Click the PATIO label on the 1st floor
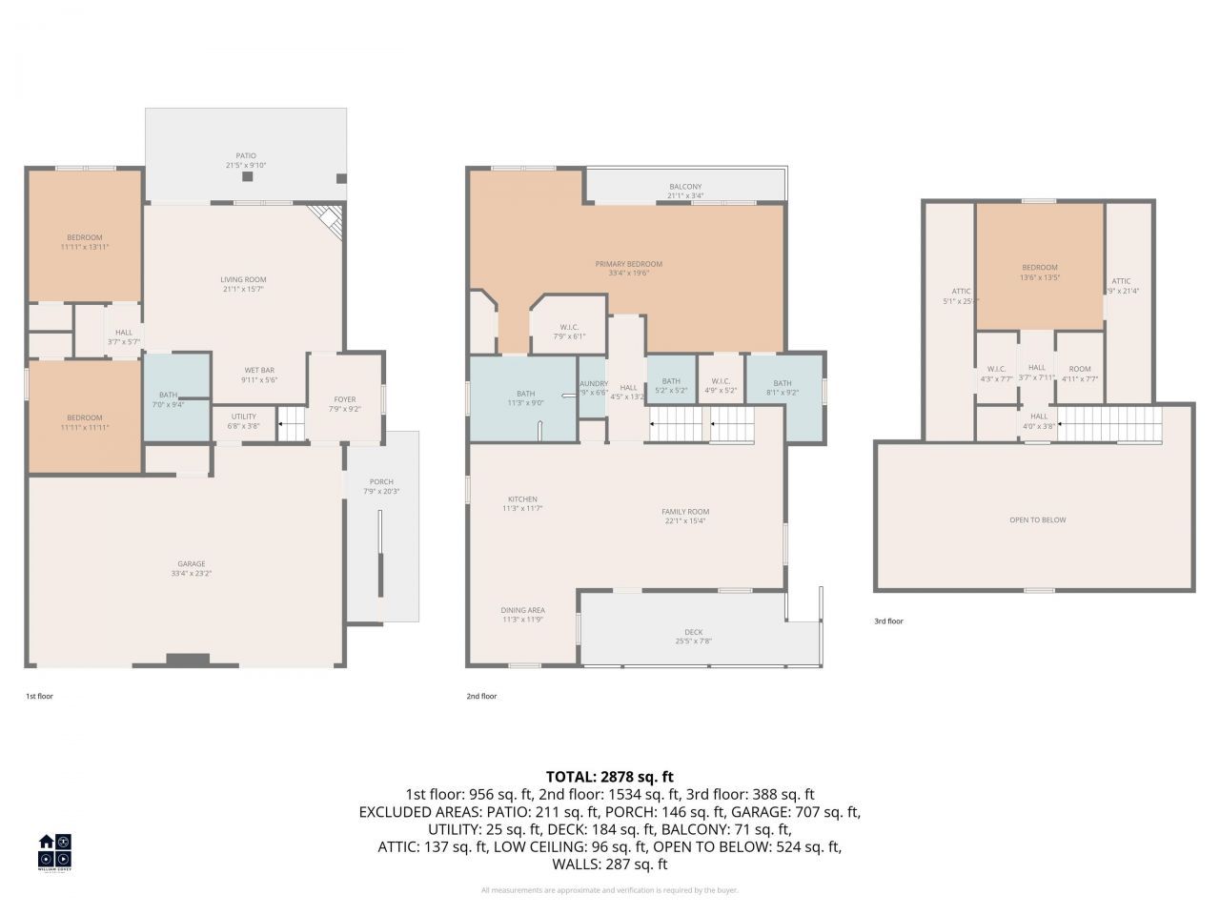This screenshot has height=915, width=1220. (x=246, y=155)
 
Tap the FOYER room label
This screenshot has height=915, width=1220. (x=344, y=399)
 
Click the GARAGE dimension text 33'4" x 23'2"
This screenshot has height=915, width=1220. (x=191, y=574)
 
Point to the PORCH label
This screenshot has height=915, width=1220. (x=381, y=481)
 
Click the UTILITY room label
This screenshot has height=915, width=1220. (x=243, y=416)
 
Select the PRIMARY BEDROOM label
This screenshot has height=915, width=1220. (x=628, y=264)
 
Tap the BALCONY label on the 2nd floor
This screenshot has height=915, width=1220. (x=684, y=187)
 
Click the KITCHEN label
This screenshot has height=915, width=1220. (x=521, y=499)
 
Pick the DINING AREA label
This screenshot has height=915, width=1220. (x=522, y=610)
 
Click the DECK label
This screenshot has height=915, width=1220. (x=693, y=632)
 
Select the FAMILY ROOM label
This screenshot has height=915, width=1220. (x=685, y=512)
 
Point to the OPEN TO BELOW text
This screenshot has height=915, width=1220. (x=1037, y=519)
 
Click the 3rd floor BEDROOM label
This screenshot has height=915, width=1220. (x=1039, y=268)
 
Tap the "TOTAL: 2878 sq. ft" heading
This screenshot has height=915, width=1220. (x=609, y=777)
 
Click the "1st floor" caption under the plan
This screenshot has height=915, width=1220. (x=39, y=696)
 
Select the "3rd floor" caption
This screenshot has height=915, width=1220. (x=888, y=621)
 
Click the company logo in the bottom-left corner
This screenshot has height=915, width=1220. (x=54, y=851)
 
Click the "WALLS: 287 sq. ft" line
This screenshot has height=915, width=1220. (x=609, y=864)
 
